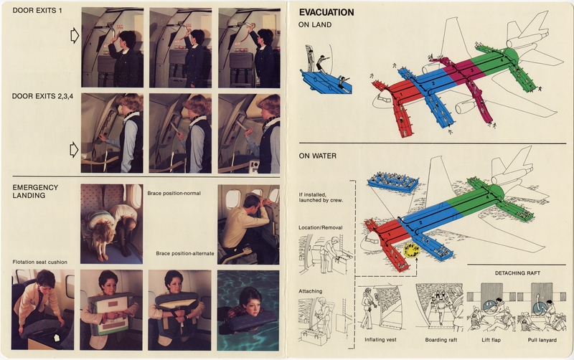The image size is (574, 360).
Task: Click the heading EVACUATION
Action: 326,12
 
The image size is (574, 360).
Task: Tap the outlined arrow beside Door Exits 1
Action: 73,36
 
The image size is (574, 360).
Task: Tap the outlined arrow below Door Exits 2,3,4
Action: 73,149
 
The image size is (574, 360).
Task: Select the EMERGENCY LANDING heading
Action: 37,191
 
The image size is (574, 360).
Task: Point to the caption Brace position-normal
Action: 174,193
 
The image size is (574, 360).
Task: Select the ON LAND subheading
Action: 315,25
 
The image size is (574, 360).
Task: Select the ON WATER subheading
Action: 318,155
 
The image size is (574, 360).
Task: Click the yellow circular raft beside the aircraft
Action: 410,252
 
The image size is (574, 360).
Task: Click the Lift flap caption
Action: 489,338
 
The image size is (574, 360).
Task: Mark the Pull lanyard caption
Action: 543,338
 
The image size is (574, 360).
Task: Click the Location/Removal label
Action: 321,228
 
